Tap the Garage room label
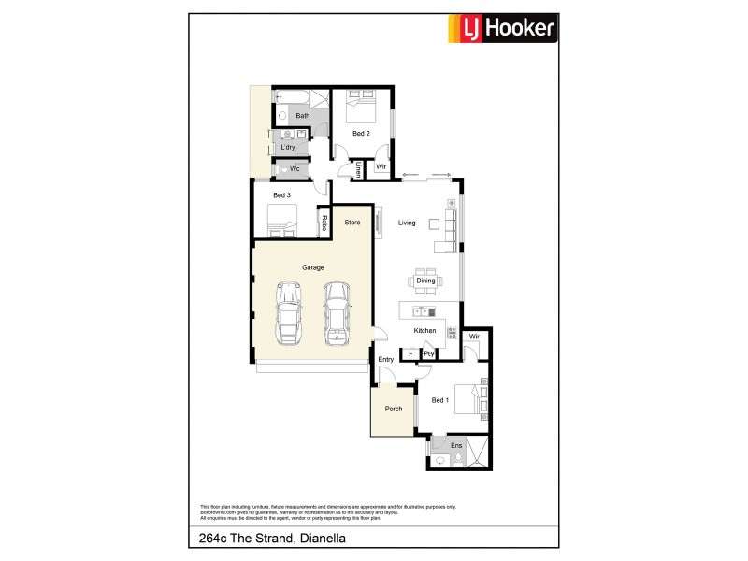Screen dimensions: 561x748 [312, 267]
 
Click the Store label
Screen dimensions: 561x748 [352, 223]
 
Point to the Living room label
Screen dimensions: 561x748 [407, 223]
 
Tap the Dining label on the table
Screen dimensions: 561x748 [425, 280]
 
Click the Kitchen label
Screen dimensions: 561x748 [425, 331]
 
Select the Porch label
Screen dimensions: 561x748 [394, 409]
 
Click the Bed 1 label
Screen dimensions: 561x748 [440, 400]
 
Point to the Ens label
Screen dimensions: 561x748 [456, 446]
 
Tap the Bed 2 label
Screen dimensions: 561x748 [361, 134]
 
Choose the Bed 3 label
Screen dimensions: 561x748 [281, 195]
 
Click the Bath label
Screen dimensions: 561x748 [302, 116]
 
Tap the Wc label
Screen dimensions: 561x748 [294, 169]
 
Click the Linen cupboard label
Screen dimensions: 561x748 [359, 169]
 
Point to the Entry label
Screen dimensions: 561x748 [386, 360]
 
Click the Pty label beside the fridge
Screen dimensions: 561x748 [428, 353]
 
